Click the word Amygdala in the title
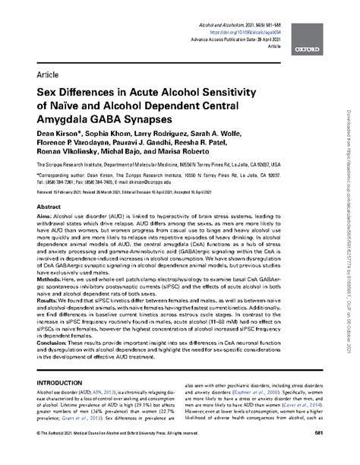63,120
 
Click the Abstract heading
49,206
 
